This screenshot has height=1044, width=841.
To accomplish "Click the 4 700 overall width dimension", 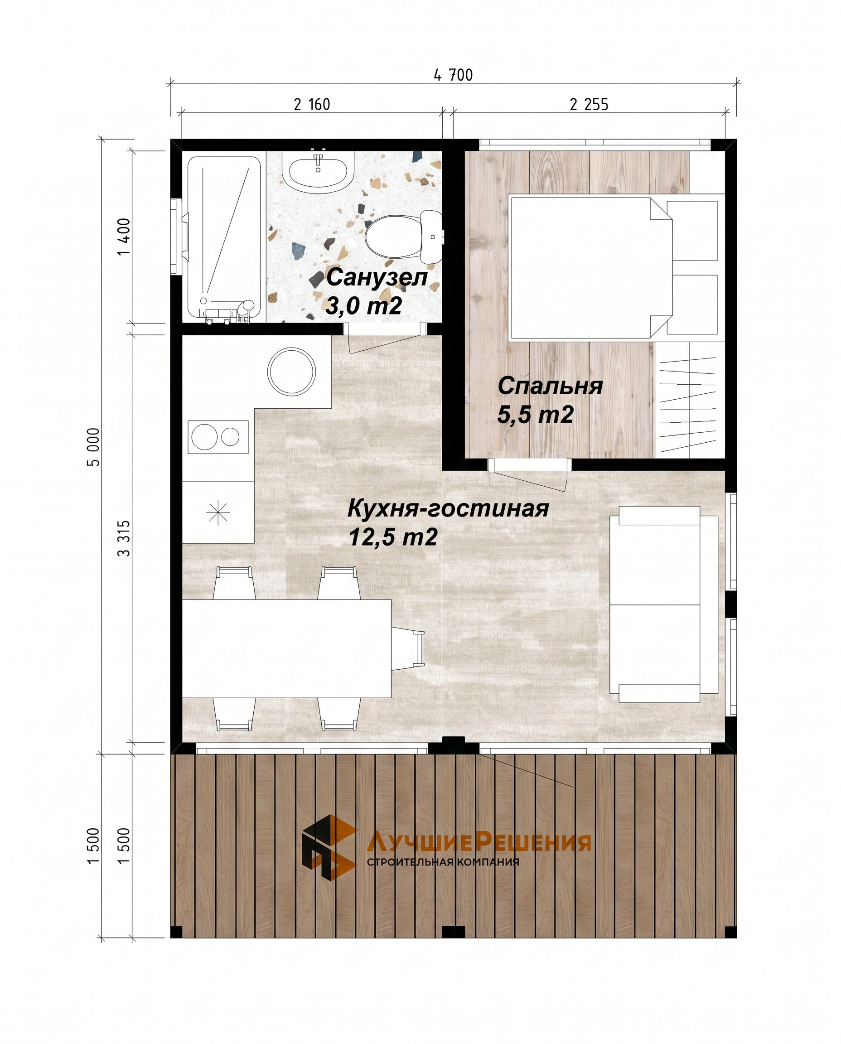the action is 453,75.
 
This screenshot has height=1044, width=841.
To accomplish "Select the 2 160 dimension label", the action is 312,104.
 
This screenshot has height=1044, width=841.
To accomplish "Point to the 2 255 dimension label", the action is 589,104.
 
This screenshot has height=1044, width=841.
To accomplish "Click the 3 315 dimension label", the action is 125,538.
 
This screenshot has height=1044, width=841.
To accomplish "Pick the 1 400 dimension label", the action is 125,237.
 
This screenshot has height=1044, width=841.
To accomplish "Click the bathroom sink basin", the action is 318,170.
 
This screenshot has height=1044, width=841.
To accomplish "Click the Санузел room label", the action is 377,278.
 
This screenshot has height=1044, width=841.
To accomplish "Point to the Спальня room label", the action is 551,386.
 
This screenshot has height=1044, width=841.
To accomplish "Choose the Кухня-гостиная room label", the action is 448,509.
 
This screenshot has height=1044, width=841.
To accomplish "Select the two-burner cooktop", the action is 218,436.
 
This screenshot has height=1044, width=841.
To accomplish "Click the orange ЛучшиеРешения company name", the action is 478,842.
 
